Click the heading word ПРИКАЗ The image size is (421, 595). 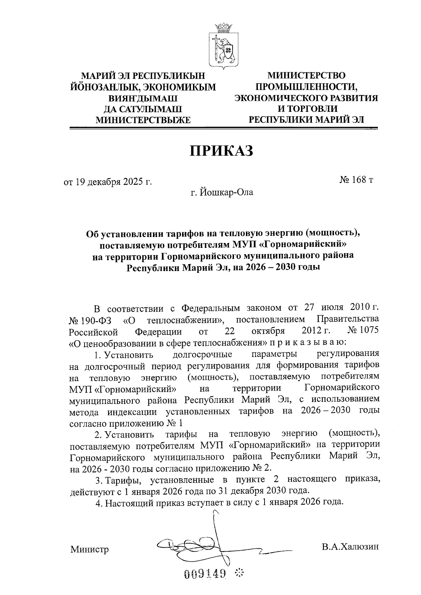[x=221, y=151]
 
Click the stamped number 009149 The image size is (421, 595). [x=205, y=574]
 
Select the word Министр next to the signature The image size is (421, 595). [x=89, y=549]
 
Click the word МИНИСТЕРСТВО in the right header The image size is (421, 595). [x=306, y=75]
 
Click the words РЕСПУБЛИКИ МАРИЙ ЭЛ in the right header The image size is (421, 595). [x=306, y=120]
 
